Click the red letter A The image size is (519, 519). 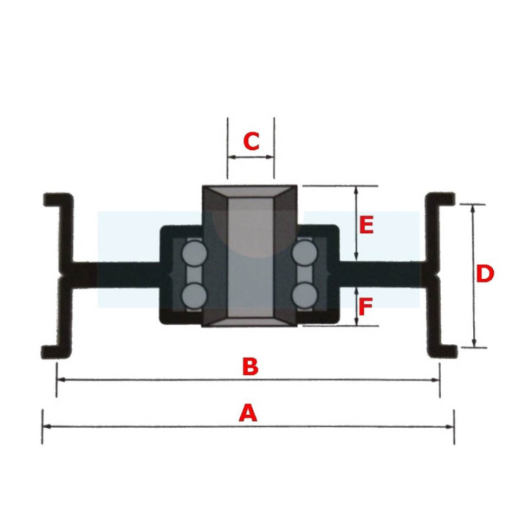(x=248, y=412)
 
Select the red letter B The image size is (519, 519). (x=250, y=366)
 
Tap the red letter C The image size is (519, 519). (x=252, y=141)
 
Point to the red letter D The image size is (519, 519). (x=485, y=274)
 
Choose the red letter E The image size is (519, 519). (x=366, y=225)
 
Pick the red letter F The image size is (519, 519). (x=365, y=306)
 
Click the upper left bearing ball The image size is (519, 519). (x=195, y=253)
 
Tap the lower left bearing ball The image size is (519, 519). (x=195, y=296)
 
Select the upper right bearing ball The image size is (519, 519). (x=305, y=253)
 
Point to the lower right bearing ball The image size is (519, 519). (x=305, y=296)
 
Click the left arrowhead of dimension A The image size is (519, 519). (x=47, y=427)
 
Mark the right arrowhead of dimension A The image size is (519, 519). (x=450, y=427)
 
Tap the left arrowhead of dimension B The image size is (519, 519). (x=61, y=380)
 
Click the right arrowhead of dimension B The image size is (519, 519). (x=435, y=380)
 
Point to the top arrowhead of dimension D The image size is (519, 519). (x=473, y=208)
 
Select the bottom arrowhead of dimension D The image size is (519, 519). (x=474, y=343)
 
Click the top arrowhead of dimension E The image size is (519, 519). (x=356, y=190)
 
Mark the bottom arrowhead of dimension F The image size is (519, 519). (x=357, y=321)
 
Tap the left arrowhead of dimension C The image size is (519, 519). (x=232, y=157)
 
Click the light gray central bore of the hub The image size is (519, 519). (x=251, y=257)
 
